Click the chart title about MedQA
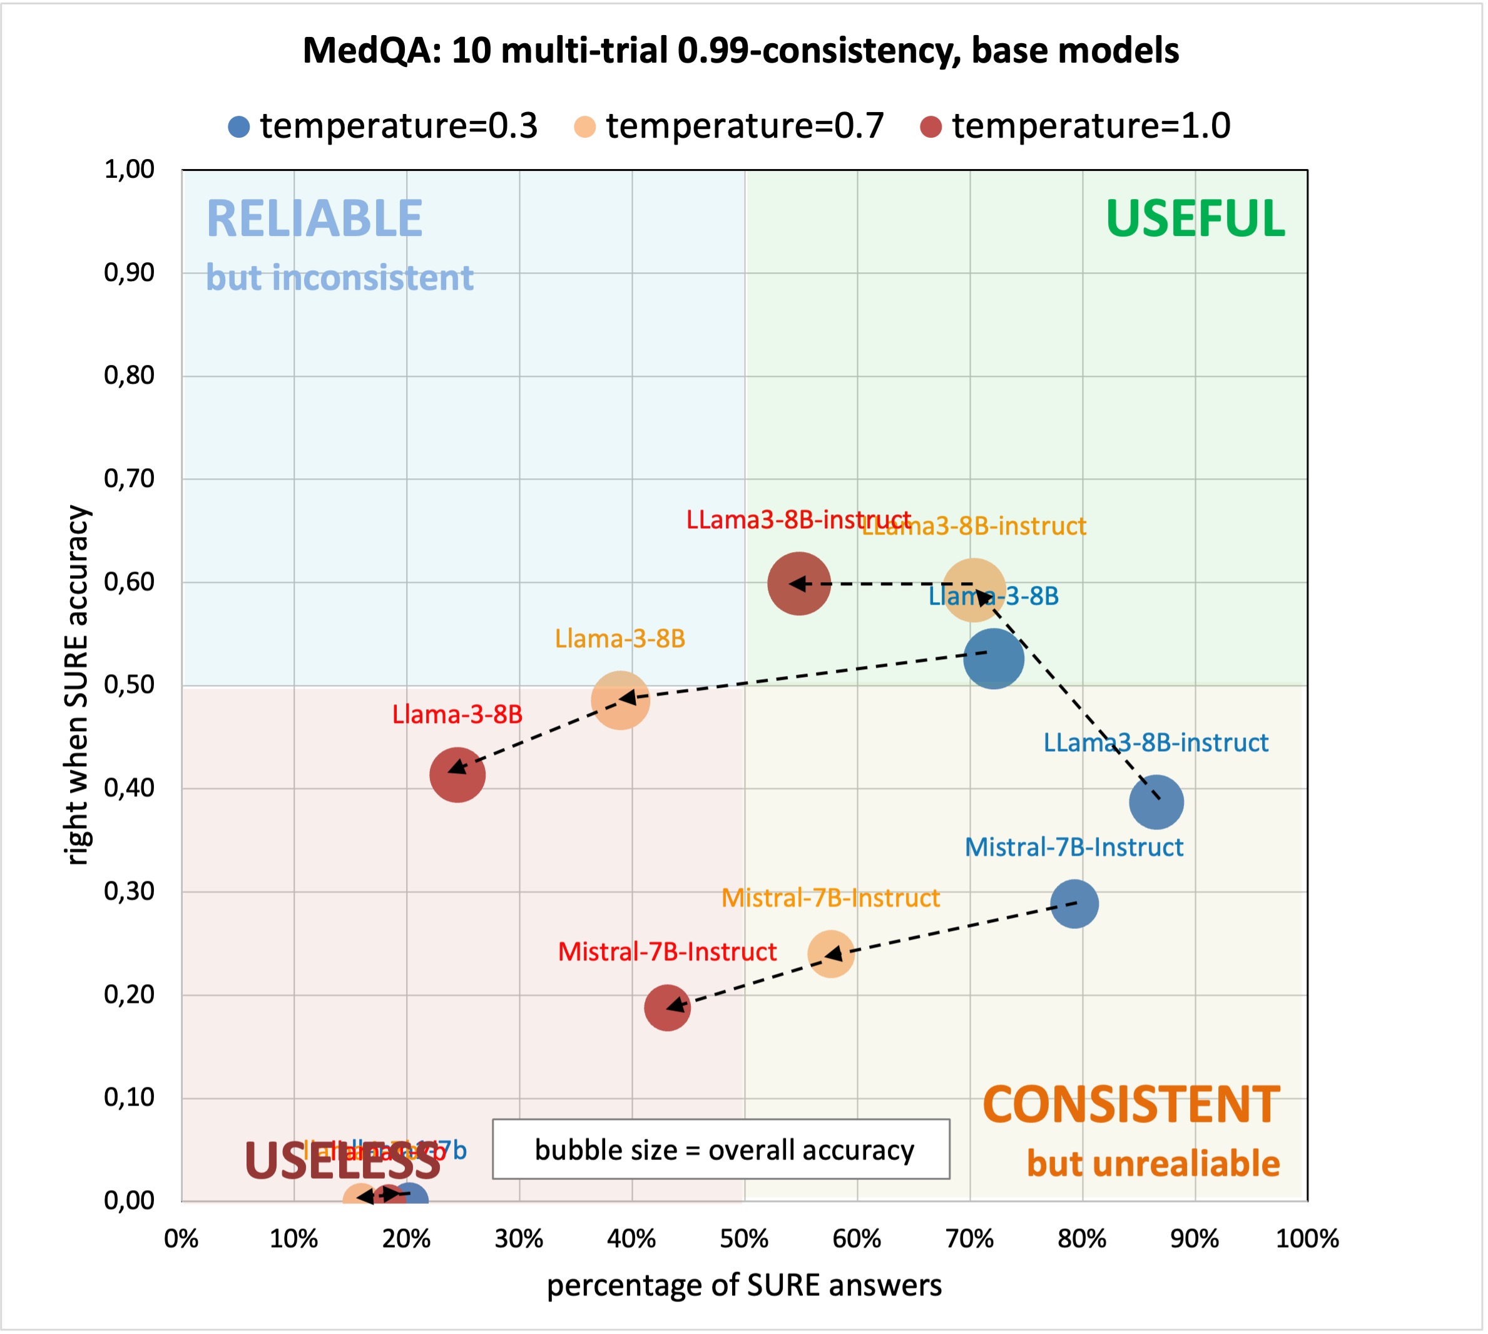[x=740, y=50]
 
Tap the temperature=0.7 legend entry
[x=729, y=126]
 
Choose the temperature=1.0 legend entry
[x=1075, y=126]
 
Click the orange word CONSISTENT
[x=1131, y=1105]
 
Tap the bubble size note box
[x=720, y=1149]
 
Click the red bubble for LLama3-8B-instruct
[x=798, y=583]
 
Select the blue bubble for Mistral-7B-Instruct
[x=1074, y=904]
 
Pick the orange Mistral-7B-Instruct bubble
[x=830, y=953]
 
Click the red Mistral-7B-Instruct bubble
[x=666, y=1008]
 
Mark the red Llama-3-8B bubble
[x=457, y=775]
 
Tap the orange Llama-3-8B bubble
[x=620, y=700]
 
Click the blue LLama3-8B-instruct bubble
[x=1156, y=803]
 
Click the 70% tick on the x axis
[x=969, y=1239]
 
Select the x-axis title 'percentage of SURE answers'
[x=743, y=1286]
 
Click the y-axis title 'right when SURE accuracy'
[x=77, y=685]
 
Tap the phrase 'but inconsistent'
[x=339, y=278]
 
